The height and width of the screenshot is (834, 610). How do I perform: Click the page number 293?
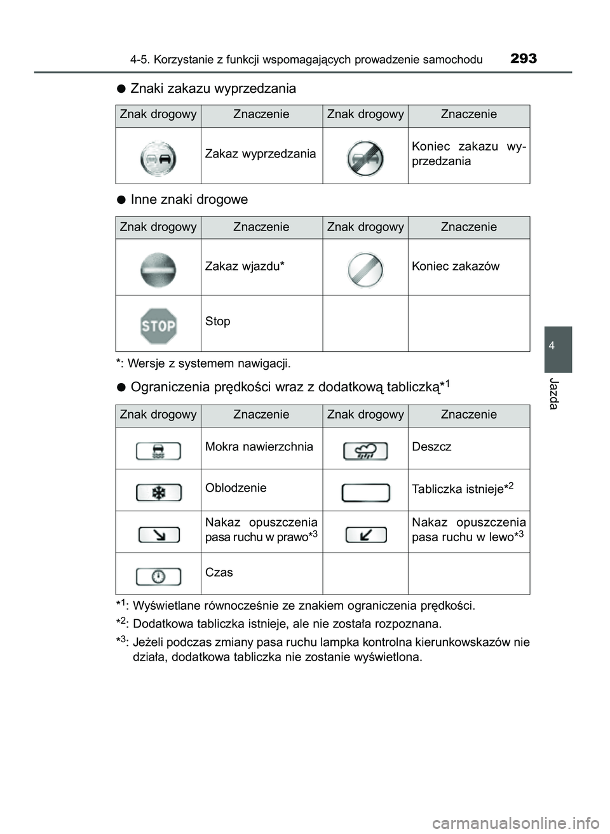click(x=523, y=58)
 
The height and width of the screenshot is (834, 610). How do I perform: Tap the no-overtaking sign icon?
click(x=158, y=158)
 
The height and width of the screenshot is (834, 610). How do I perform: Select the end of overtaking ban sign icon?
click(x=365, y=158)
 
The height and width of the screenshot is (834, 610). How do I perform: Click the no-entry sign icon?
click(x=158, y=269)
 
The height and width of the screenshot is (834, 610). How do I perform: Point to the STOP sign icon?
click(x=158, y=326)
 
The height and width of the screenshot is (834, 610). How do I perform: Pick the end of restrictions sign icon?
click(x=365, y=269)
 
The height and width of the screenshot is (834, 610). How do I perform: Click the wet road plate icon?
click(x=158, y=451)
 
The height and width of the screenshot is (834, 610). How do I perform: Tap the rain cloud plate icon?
click(x=365, y=451)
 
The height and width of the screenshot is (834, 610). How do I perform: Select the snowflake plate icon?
click(x=158, y=492)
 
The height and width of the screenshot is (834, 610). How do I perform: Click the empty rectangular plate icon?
click(x=365, y=493)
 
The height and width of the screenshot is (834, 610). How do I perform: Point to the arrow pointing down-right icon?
click(x=159, y=535)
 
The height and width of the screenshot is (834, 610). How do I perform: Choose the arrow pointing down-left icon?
click(x=366, y=535)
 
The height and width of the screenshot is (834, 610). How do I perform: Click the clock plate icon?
click(x=158, y=576)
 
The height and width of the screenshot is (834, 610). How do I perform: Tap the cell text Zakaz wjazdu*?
click(x=245, y=266)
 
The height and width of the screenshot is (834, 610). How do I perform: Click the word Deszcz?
click(x=431, y=447)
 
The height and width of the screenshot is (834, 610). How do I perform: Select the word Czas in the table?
click(x=219, y=572)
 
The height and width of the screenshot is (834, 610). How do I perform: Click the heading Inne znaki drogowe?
click(x=189, y=199)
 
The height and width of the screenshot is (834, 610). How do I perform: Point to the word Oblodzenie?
click(x=236, y=488)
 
